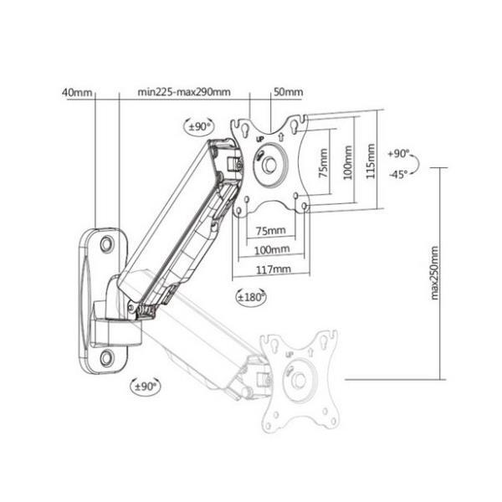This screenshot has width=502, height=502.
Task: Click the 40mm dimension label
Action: coord(76,92)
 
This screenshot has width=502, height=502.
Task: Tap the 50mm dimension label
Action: coord(289,92)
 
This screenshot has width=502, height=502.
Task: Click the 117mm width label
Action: coord(274,269)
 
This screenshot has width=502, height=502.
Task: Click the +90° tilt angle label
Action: coord(399,155)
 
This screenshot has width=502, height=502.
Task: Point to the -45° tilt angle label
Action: coord(398,174)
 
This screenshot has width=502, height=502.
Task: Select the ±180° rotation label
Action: coord(252,297)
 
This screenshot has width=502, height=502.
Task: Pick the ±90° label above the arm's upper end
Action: coord(199,126)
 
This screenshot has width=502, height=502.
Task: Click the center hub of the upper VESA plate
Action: coord(269,164)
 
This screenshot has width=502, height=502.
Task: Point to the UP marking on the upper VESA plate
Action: coord(260,137)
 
